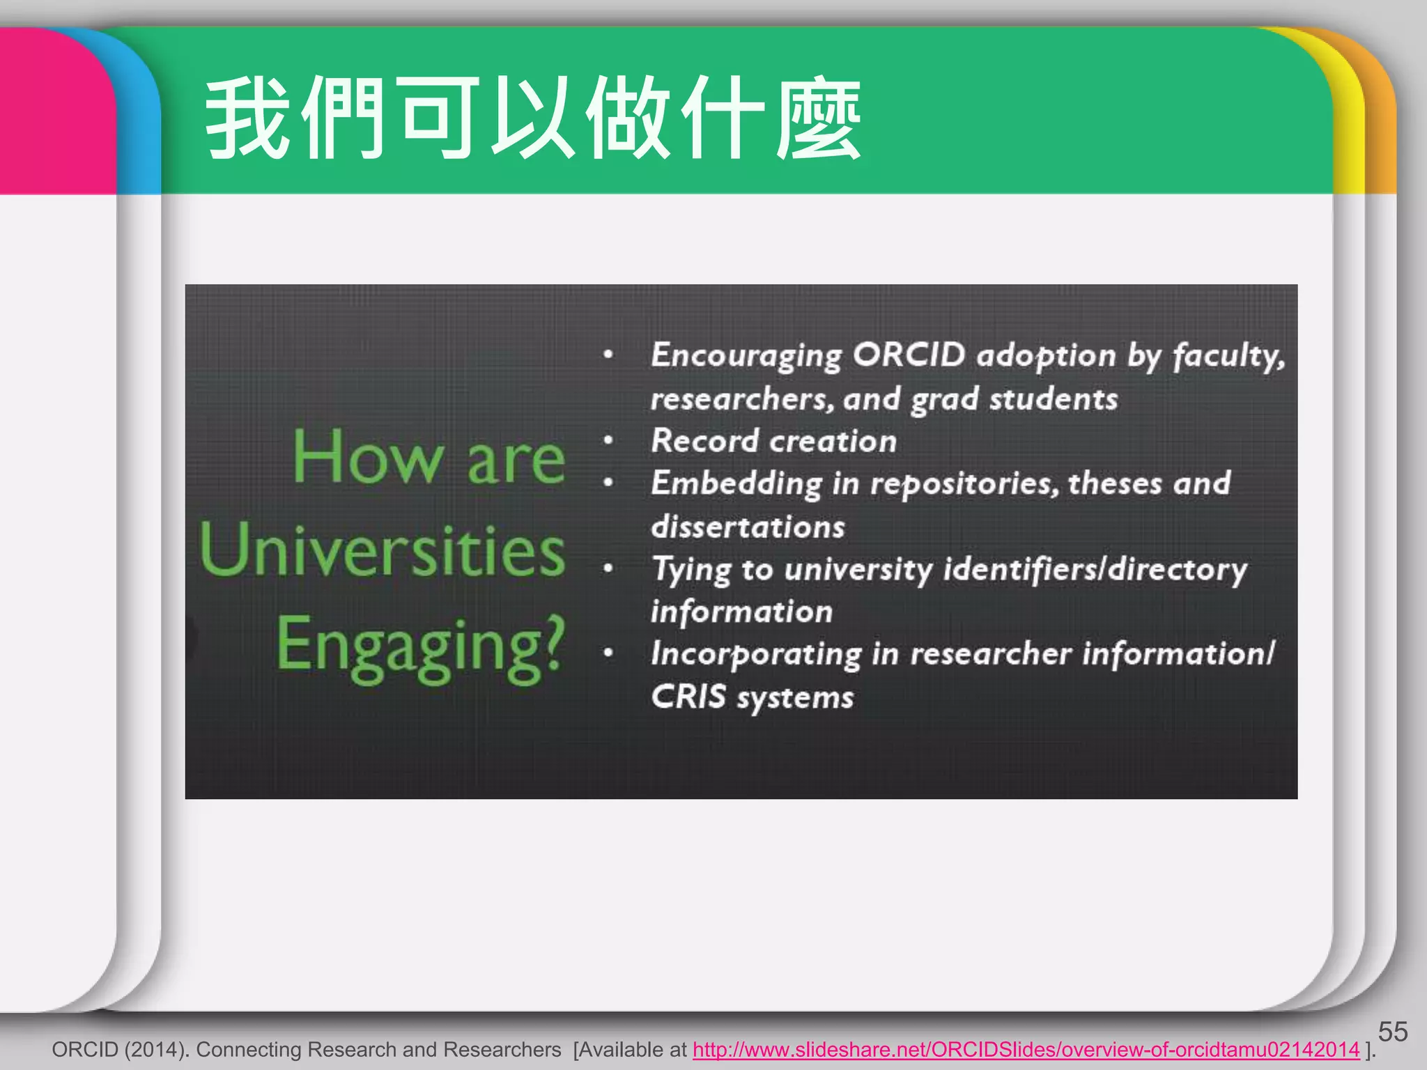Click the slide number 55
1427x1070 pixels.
tap(1392, 1032)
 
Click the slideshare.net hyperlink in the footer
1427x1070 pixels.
tap(1026, 1050)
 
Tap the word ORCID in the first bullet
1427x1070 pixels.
tap(909, 355)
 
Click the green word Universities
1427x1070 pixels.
tap(382, 550)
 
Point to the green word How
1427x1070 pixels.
tap(368, 457)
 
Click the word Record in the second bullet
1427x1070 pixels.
tap(704, 441)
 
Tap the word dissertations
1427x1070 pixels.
tap(748, 527)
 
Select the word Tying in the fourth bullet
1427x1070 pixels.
tap(691, 570)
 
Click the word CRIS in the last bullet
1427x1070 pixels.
tap(688, 697)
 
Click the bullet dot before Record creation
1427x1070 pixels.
tap(608, 441)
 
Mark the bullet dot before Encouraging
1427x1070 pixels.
tap(608, 355)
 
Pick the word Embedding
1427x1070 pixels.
tap(736, 483)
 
